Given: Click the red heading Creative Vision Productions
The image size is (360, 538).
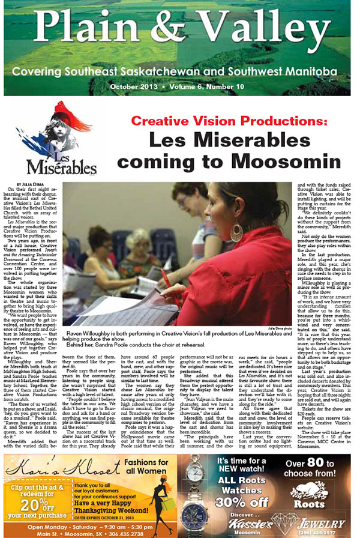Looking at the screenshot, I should [x=229, y=120].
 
